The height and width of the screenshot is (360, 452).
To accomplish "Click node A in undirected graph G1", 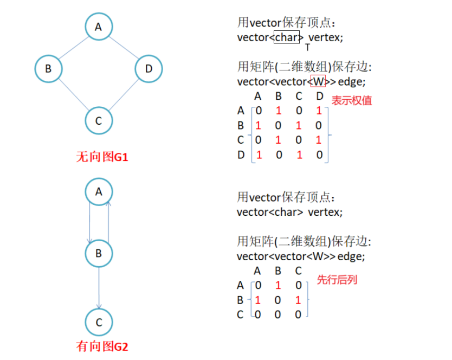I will pyautogui.click(x=98, y=26).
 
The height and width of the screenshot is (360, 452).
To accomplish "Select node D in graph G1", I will pyautogui.click(x=148, y=69).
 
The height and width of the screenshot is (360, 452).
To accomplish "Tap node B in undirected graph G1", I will pyautogui.click(x=48, y=69).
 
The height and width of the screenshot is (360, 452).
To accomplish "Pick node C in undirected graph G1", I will pyautogui.click(x=98, y=120).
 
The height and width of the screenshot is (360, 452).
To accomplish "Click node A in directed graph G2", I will pyautogui.click(x=98, y=191).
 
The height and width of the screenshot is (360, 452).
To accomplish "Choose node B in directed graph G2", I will pyautogui.click(x=98, y=253).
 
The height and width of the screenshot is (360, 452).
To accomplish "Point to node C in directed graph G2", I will pyautogui.click(x=98, y=323).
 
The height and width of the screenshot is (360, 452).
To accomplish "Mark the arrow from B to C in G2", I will pyautogui.click(x=99, y=287).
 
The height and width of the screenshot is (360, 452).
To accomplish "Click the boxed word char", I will pyautogui.click(x=287, y=37).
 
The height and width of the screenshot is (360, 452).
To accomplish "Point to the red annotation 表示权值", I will pyautogui.click(x=352, y=100).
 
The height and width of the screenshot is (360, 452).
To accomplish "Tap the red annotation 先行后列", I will pyautogui.click(x=337, y=280).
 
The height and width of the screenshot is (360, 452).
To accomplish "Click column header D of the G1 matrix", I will pyautogui.click(x=320, y=97).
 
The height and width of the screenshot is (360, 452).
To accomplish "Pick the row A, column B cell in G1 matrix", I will pyautogui.click(x=279, y=111).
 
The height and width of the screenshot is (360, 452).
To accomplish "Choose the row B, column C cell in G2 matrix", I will pyautogui.click(x=298, y=300).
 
